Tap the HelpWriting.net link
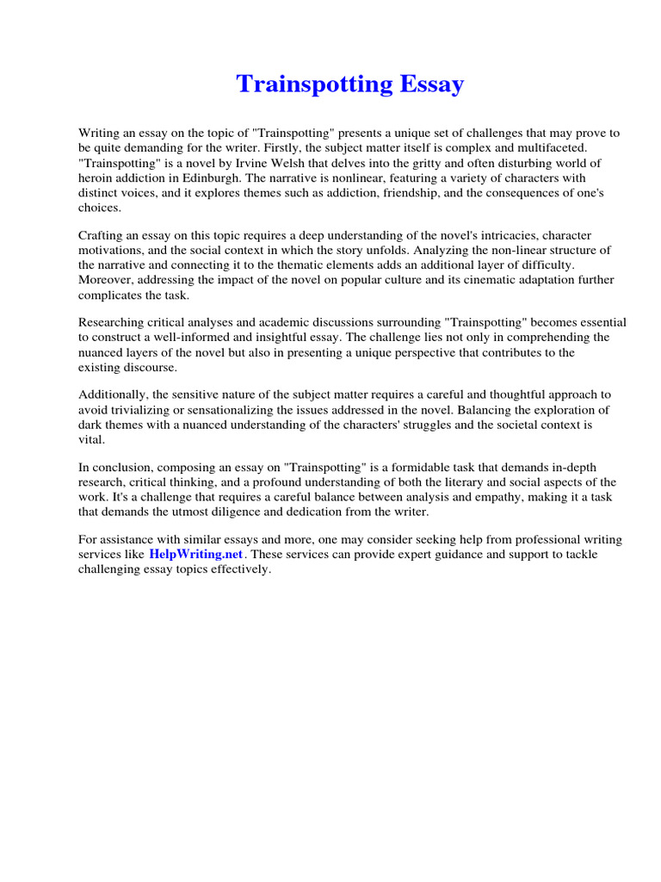(195, 555)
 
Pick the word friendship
(368, 193)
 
